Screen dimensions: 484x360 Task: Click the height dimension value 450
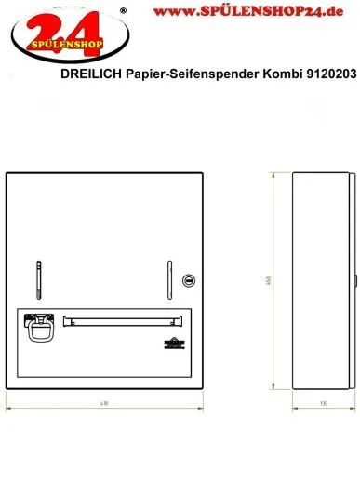pyautogui.click(x=268, y=280)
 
